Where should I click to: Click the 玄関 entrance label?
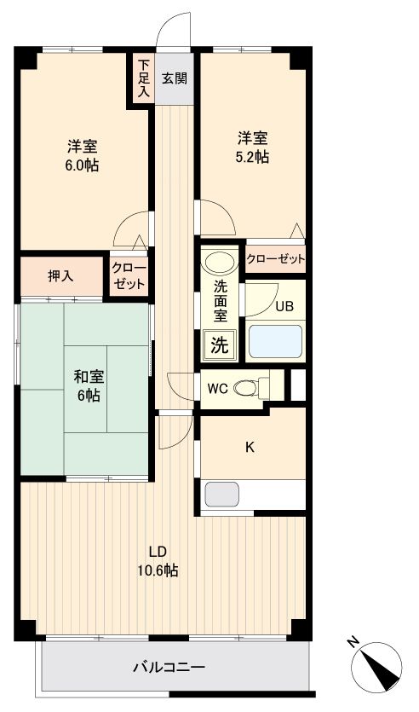(175, 78)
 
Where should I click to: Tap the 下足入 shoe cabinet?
(143, 78)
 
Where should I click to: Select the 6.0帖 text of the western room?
(83, 166)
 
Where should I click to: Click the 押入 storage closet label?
(60, 275)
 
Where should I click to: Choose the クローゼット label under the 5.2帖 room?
(275, 259)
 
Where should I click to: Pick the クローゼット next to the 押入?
(129, 275)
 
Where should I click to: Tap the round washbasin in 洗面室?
(221, 263)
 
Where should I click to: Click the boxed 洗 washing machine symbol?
(219, 345)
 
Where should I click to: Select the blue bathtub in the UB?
(274, 342)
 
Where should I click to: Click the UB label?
(284, 307)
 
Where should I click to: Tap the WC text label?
(217, 389)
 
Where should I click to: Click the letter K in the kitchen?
(250, 445)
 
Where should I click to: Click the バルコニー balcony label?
(169, 667)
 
